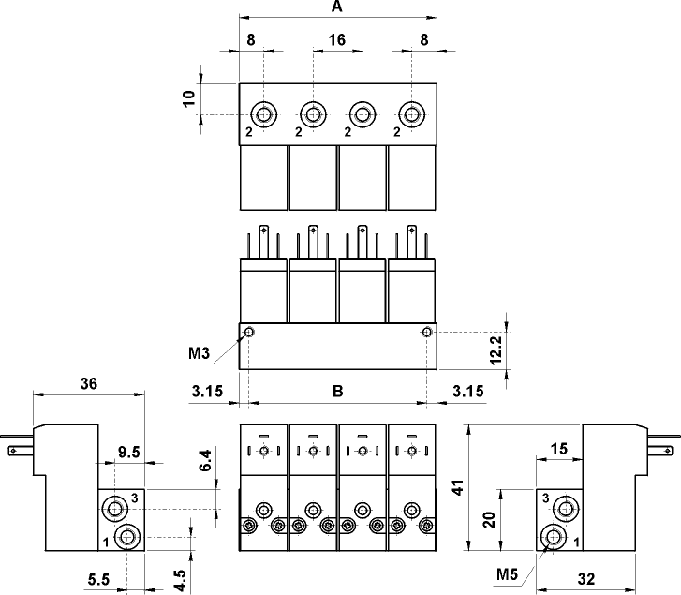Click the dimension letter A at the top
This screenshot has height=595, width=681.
coord(337,7)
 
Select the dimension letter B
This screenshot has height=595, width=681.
coord(338,392)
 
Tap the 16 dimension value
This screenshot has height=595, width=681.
coord(337,40)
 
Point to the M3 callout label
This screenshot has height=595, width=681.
coord(199,353)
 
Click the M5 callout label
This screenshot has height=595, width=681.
coord(508,574)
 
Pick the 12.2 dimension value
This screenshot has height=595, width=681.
coord(496,350)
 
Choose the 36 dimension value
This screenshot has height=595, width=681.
coord(89,384)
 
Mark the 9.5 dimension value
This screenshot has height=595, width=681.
coord(129,453)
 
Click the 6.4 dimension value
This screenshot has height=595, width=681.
coord(205,460)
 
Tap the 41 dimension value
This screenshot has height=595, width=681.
coord(458,488)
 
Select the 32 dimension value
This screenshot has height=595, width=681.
coord(586,579)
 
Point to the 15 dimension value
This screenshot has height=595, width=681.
coord(559,449)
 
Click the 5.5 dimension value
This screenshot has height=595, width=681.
coord(99,579)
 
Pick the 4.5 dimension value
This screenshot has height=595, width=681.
coord(180,581)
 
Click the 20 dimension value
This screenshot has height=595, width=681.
coord(490,520)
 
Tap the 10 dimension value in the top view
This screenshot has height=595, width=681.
coord(188,98)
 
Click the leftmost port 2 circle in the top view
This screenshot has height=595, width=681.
coord(263,115)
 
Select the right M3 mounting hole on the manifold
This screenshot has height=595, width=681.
coord(427,333)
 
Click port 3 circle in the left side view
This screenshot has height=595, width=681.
coord(115,509)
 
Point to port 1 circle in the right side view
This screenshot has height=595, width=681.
coord(554,537)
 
